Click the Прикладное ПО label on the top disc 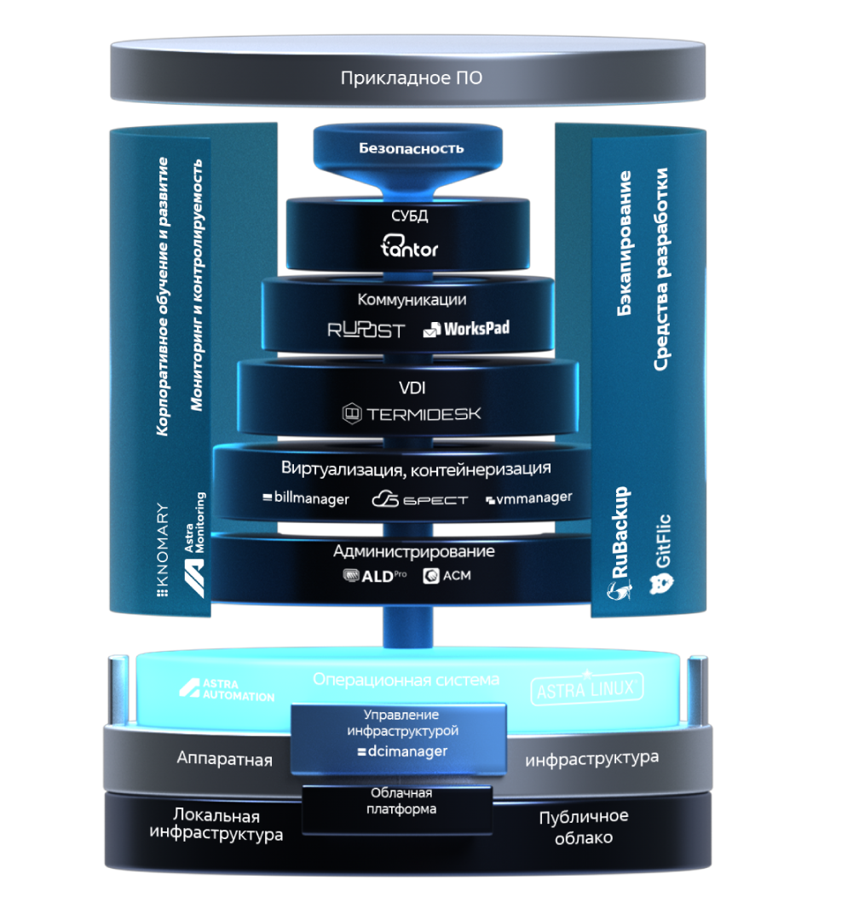[x=411, y=78]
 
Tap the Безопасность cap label [x=411, y=148]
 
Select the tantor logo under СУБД [x=409, y=246]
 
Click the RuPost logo [x=366, y=331]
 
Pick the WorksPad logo [x=466, y=329]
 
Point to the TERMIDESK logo [x=411, y=414]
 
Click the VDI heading [x=412, y=388]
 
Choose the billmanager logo [x=305, y=498]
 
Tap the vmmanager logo [x=528, y=498]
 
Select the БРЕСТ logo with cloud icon [x=420, y=499]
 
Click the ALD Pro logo [x=375, y=576]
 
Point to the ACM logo [x=447, y=576]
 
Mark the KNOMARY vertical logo [x=163, y=549]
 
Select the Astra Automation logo [x=227, y=690]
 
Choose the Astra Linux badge [x=586, y=688]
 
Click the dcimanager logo [x=402, y=751]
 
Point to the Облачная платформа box [x=397, y=810]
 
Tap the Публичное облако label [x=584, y=826]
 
